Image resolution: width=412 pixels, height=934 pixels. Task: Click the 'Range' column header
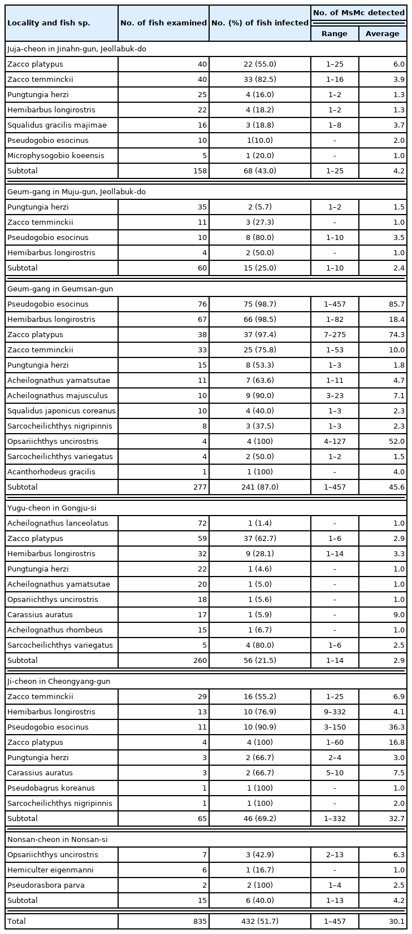tap(335, 33)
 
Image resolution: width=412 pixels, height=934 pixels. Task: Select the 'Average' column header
tap(382, 33)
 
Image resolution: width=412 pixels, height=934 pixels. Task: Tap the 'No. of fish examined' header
tap(163, 23)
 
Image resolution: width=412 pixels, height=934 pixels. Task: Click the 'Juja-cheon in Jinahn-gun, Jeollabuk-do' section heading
tap(77, 49)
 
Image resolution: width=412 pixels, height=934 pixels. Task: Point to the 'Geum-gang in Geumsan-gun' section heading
tap(60, 289)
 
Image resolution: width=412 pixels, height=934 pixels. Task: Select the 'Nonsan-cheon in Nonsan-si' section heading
tap(57, 839)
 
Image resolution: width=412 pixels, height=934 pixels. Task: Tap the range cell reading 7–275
tap(335, 334)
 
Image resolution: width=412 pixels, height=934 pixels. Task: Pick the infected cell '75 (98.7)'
tap(260, 304)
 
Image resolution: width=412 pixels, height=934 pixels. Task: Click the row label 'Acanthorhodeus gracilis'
tap(51, 472)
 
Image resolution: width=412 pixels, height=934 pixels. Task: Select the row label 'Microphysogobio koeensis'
tap(56, 155)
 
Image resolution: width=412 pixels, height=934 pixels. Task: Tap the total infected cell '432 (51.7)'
tap(260, 921)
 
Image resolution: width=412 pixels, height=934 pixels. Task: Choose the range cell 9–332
tap(335, 712)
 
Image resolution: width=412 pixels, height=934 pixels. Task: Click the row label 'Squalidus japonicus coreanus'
tap(61, 411)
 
